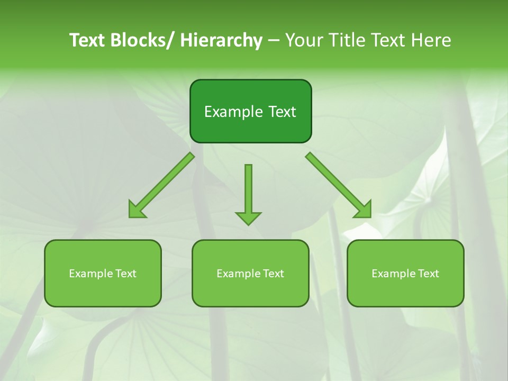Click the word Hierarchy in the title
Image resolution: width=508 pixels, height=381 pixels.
221,40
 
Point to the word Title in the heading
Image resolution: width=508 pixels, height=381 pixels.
346,40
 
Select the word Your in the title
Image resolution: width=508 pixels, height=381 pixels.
303,40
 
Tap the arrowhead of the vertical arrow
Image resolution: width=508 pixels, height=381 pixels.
248,217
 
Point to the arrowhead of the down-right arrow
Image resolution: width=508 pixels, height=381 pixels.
364,210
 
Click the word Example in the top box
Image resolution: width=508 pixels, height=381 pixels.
229,112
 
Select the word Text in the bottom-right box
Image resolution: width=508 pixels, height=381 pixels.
428,274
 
